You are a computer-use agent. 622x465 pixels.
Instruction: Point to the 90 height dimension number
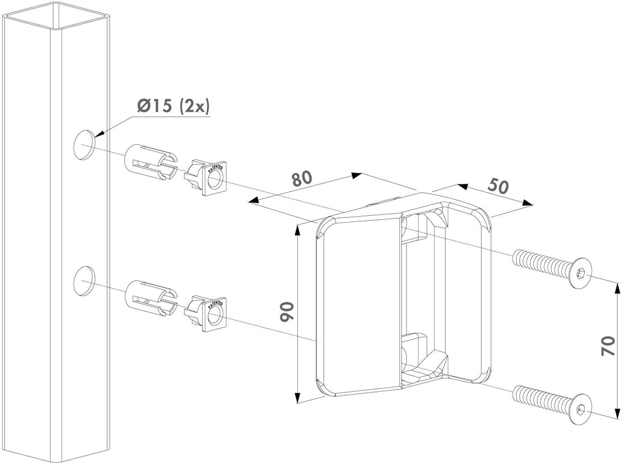(287, 313)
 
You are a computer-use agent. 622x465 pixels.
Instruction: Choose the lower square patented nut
(208, 312)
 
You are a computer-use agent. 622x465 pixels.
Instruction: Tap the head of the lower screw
(578, 408)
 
